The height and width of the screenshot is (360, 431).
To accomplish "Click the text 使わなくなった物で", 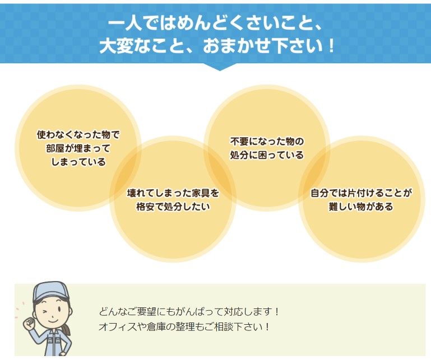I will click(78, 135).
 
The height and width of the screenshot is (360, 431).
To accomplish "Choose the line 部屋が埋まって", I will click(78, 148).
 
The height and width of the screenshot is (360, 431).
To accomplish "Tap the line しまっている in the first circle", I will click(78, 162).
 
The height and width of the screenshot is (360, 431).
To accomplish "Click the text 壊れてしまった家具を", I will click(173, 193).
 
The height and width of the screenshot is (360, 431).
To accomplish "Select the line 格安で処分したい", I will click(173, 207).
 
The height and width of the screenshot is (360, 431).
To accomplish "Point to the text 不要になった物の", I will click(267, 141).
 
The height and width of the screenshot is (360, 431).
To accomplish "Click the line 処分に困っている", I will click(267, 155).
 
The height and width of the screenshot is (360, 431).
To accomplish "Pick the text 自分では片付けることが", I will click(361, 193).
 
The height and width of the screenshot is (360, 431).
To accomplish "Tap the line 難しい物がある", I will click(361, 207).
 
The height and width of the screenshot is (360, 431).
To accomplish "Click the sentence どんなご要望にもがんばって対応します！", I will click(189, 311).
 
